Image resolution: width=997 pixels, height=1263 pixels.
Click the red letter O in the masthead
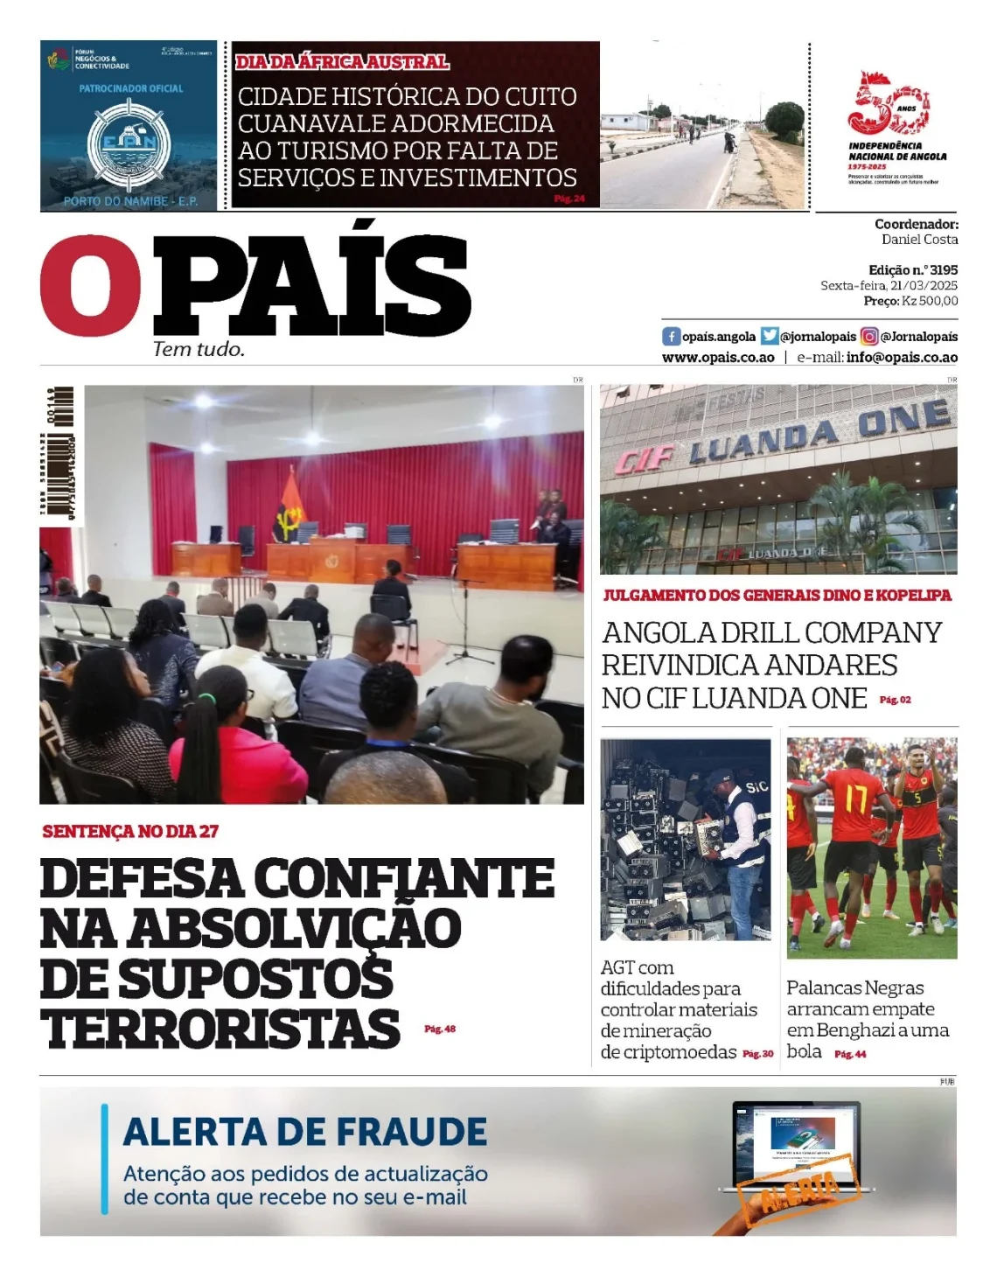(90, 286)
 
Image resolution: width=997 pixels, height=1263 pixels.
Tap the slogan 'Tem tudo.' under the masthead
(199, 350)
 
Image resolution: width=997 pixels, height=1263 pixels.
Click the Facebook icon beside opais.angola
(671, 337)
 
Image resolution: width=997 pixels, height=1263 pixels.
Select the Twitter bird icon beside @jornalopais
(770, 337)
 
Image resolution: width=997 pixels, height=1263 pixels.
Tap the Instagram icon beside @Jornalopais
(869, 337)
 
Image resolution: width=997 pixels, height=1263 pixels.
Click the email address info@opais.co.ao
(902, 358)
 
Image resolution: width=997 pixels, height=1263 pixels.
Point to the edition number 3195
(944, 270)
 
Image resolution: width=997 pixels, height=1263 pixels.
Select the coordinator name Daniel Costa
(919, 240)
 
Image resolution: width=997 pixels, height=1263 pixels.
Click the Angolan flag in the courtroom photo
(288, 510)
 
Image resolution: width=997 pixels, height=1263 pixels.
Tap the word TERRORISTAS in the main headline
(220, 1029)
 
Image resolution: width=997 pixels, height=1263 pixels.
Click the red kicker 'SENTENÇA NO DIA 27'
(130, 832)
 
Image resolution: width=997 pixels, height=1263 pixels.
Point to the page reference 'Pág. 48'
(440, 1029)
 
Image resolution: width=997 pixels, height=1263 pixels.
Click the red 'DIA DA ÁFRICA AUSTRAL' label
(342, 62)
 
